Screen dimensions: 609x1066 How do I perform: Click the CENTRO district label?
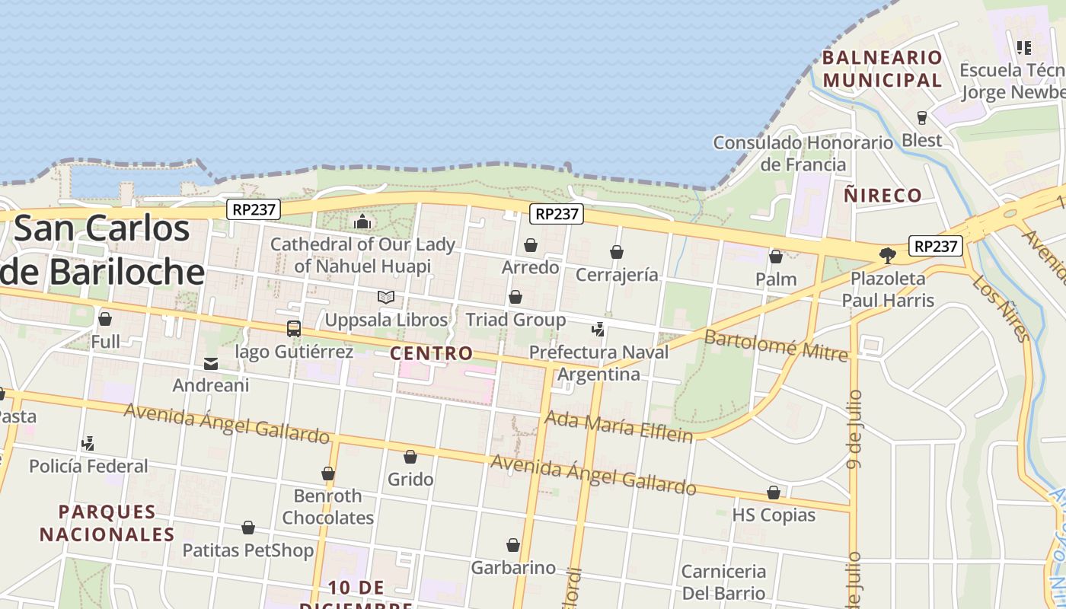[x=432, y=353]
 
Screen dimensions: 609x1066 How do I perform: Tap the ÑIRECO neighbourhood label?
[x=882, y=195]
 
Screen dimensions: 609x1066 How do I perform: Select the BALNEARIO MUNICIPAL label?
[x=882, y=69]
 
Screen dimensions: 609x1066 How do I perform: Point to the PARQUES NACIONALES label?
[x=107, y=523]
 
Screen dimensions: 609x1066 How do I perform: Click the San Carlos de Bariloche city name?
[x=102, y=250]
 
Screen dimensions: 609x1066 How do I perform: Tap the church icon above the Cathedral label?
[x=362, y=222]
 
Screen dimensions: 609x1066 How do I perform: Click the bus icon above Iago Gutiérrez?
[x=294, y=329]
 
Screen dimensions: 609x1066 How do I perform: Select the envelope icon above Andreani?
[x=211, y=364]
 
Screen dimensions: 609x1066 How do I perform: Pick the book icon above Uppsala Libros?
[x=386, y=297]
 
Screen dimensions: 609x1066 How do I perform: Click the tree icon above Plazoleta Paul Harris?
[x=887, y=255]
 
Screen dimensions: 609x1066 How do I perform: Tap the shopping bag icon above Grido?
[x=410, y=457]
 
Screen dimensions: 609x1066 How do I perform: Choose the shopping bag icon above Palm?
[x=776, y=257]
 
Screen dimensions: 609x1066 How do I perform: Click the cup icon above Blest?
[x=922, y=118]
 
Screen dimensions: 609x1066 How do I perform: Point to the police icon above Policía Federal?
[x=88, y=443]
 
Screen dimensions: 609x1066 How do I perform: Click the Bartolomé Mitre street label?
[x=775, y=345]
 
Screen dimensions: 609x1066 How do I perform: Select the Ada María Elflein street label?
[x=619, y=427]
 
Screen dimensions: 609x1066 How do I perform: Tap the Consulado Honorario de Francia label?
[x=803, y=153]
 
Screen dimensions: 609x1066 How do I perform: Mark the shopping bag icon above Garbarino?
[x=513, y=545]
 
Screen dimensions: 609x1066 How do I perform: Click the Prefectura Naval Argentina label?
[x=598, y=363]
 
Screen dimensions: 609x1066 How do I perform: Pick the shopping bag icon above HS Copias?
[x=774, y=493]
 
